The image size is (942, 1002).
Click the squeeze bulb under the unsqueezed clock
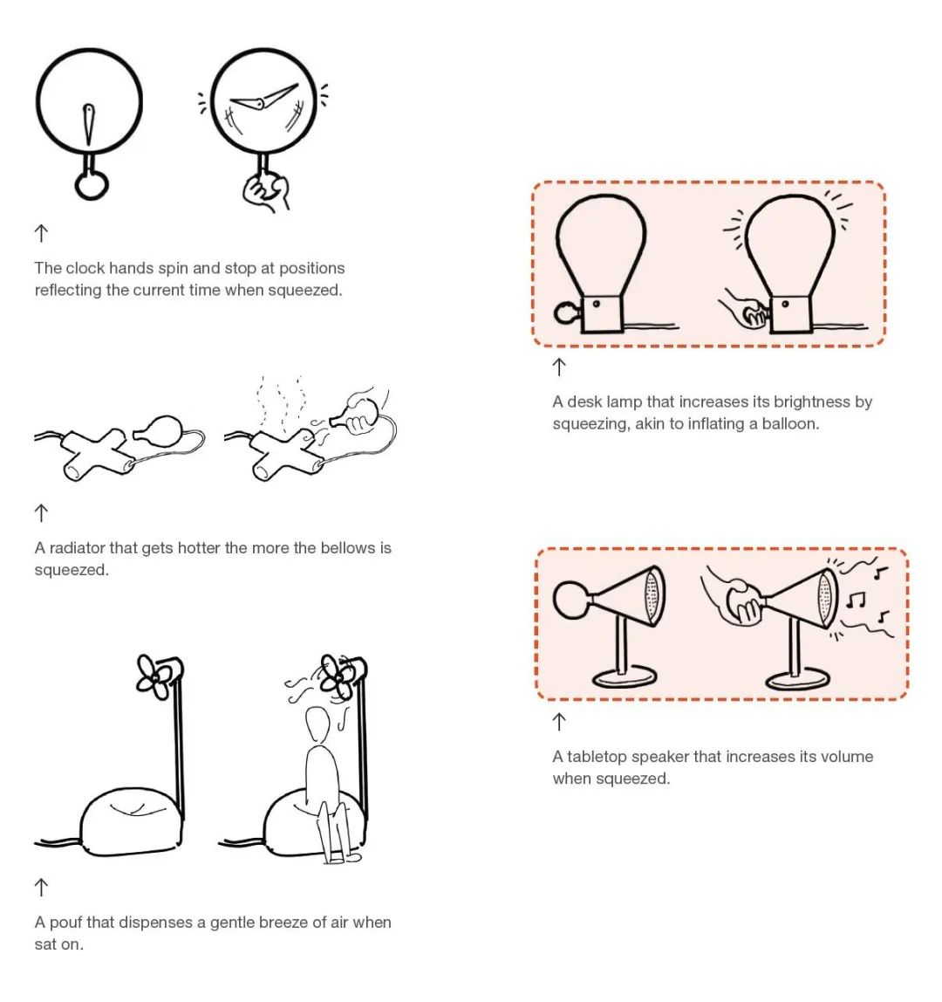pyautogui.click(x=92, y=184)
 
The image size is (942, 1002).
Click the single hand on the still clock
pyautogui.click(x=89, y=125)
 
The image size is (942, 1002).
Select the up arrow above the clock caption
pyautogui.click(x=41, y=233)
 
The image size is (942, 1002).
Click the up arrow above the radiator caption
pyautogui.click(x=41, y=512)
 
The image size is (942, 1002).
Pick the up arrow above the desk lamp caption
pyautogui.click(x=559, y=367)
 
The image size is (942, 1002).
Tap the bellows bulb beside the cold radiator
pyautogui.click(x=157, y=429)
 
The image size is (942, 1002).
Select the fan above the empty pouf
pyautogui.click(x=157, y=676)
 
